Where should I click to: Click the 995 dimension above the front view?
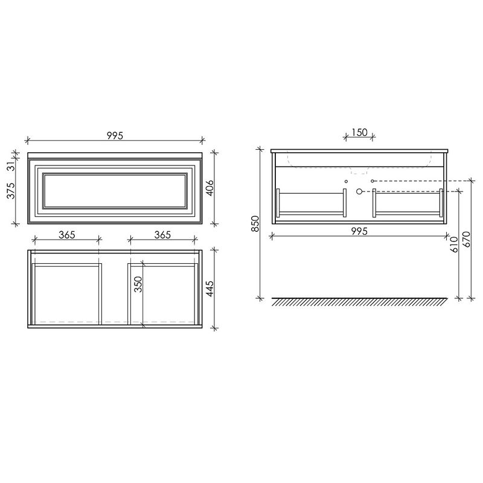pos(115,135)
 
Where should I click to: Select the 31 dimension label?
pos(11,166)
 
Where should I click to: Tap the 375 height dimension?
pos(11,191)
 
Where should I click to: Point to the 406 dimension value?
pos(210,188)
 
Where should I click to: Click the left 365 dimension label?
pos(67,235)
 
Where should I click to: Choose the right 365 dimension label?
pos(162,235)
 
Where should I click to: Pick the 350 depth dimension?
pos(139,284)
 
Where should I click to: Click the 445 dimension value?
pos(210,289)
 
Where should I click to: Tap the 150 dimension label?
pos(359,132)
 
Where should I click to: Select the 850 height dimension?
pos(256,224)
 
